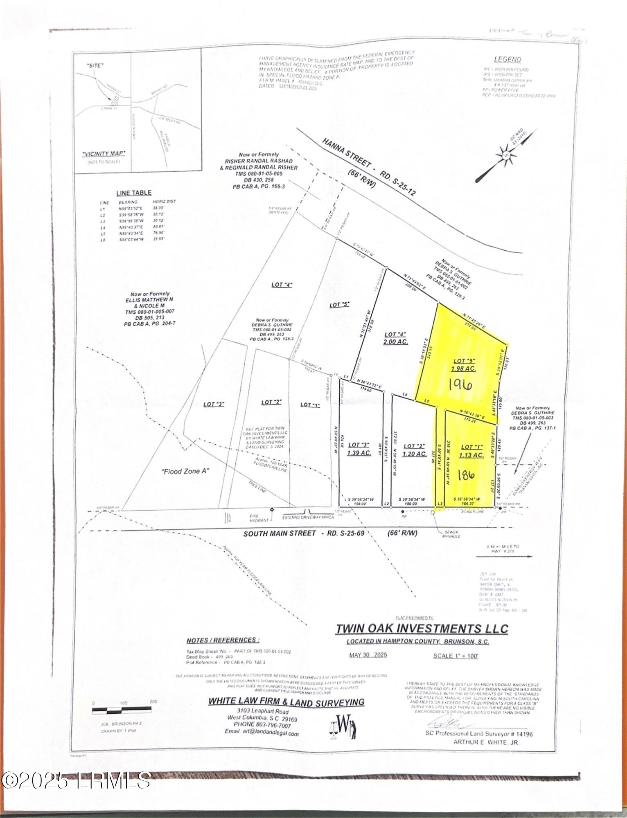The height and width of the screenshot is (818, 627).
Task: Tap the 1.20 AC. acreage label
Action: point(415,454)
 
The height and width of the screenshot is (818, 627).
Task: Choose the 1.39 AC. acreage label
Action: point(359,453)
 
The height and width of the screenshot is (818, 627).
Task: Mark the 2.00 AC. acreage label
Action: point(396,342)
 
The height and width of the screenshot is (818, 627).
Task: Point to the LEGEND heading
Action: point(507,60)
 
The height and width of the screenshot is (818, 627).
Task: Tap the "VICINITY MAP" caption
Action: point(104,154)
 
